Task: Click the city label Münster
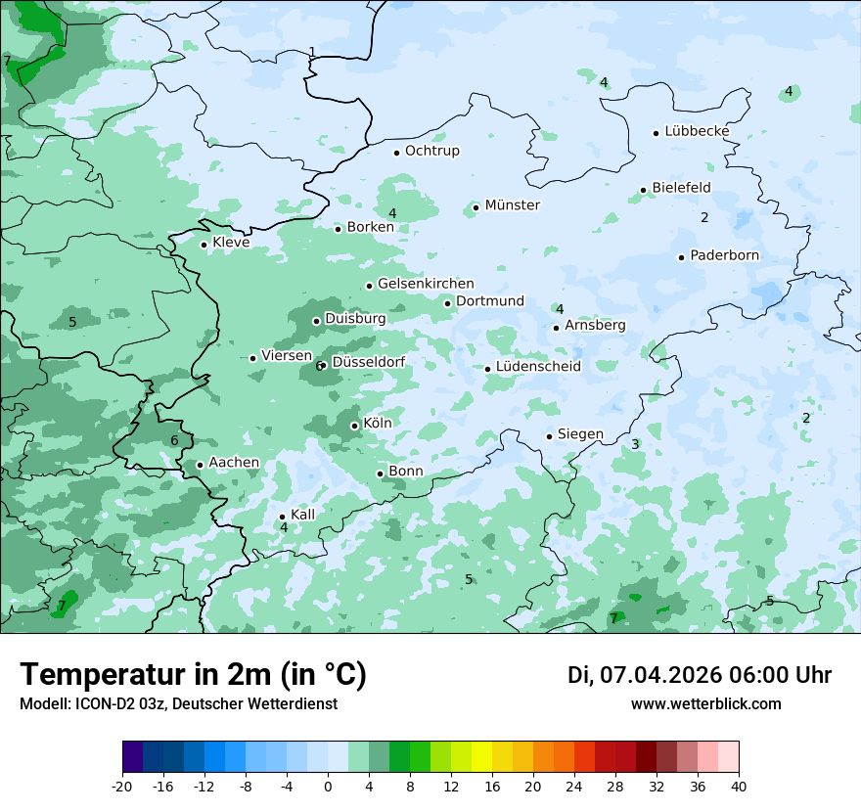click(x=512, y=205)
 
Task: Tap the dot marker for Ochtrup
click(x=396, y=153)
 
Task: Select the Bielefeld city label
click(x=681, y=188)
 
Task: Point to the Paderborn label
click(x=724, y=256)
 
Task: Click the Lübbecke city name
click(x=697, y=131)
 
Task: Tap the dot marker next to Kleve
click(x=204, y=245)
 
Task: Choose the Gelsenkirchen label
click(x=426, y=284)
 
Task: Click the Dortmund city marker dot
click(x=447, y=303)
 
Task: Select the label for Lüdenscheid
click(x=538, y=367)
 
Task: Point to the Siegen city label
click(x=580, y=434)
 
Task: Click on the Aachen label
click(x=234, y=463)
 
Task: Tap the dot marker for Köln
click(x=354, y=426)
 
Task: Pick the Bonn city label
click(x=406, y=472)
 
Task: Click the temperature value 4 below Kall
click(x=284, y=528)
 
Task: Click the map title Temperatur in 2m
click(x=193, y=675)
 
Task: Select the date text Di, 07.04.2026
click(x=643, y=675)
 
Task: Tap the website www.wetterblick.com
click(x=705, y=704)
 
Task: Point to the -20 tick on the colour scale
click(x=122, y=787)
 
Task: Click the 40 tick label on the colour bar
click(x=738, y=787)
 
